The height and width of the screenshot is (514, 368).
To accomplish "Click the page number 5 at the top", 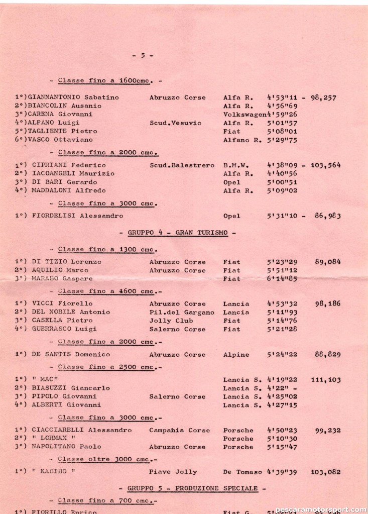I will tap(143, 56).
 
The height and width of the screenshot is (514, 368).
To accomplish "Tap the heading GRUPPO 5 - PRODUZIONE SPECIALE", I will tap(193, 488).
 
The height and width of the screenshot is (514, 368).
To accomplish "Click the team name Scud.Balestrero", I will tap(182, 165).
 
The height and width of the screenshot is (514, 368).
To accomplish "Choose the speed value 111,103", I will tap(326, 380).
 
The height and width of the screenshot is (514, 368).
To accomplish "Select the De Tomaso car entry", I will tap(243, 472).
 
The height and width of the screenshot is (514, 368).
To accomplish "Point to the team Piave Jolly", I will tap(173, 472).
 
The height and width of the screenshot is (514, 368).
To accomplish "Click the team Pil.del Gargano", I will tap(182, 312).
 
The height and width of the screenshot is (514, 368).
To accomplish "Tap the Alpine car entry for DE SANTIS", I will tap(236, 354).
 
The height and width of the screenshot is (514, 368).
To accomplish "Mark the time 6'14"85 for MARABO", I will tap(282, 278).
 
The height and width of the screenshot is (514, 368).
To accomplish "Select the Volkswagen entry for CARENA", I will tap(245, 114).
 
